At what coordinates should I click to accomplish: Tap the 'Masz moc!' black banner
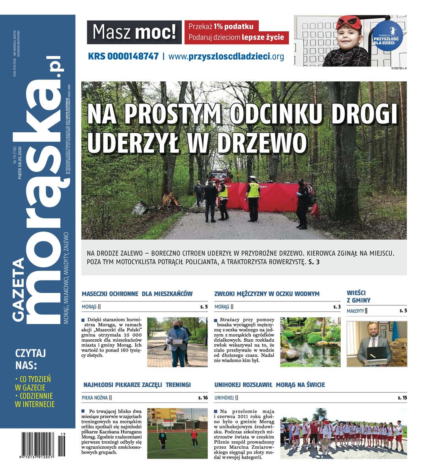pyautogui.click(x=134, y=32)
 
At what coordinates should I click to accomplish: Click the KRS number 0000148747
pyautogui.click(x=123, y=56)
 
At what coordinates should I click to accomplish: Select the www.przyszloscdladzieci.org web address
pyautogui.click(x=226, y=56)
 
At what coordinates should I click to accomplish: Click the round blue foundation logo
pyautogui.click(x=387, y=36)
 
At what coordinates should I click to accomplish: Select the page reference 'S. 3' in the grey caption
pyautogui.click(x=313, y=261)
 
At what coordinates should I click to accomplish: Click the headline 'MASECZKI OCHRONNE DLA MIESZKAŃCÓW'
pyautogui.click(x=137, y=294)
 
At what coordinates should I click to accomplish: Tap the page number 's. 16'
pyautogui.click(x=203, y=398)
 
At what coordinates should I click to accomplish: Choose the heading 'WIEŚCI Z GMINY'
pyautogui.click(x=359, y=297)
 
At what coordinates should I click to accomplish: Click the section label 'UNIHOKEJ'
pyautogui.click(x=224, y=398)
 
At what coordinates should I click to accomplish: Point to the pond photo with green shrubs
pyautogui.click(x=310, y=342)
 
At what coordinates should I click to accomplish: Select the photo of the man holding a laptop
pyautogui.click(x=376, y=343)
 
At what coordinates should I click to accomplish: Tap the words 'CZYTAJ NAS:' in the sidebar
pyautogui.click(x=30, y=357)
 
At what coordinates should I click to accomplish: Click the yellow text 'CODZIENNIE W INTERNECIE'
pyautogui.click(x=34, y=400)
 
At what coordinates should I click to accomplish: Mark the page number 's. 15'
pyautogui.click(x=402, y=398)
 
